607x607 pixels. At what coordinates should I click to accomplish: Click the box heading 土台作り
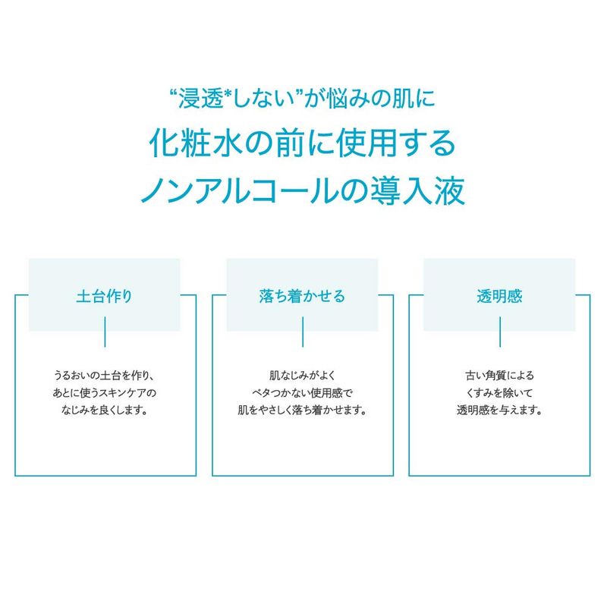click(104, 296)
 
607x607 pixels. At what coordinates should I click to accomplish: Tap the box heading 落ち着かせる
click(302, 296)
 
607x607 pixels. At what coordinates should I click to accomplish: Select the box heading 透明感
click(499, 296)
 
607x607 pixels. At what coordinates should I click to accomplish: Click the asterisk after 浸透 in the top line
click(228, 94)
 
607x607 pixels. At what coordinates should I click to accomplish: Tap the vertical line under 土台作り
click(105, 332)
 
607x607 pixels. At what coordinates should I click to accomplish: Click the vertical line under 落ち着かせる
click(303, 332)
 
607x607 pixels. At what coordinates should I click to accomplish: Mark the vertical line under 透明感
click(500, 332)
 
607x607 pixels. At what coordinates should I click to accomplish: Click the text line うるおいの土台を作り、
click(105, 375)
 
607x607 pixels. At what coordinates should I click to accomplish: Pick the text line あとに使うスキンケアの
click(105, 392)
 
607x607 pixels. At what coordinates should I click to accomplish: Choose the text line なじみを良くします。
click(105, 410)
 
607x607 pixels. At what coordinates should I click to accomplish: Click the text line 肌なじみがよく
click(302, 375)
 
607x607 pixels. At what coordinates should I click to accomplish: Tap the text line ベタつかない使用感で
click(302, 392)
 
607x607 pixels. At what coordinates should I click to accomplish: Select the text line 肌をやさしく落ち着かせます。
click(302, 410)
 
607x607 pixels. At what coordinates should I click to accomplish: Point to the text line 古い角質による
click(500, 375)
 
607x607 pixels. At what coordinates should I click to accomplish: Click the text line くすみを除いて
click(500, 392)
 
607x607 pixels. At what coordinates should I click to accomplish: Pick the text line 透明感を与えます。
click(500, 410)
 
